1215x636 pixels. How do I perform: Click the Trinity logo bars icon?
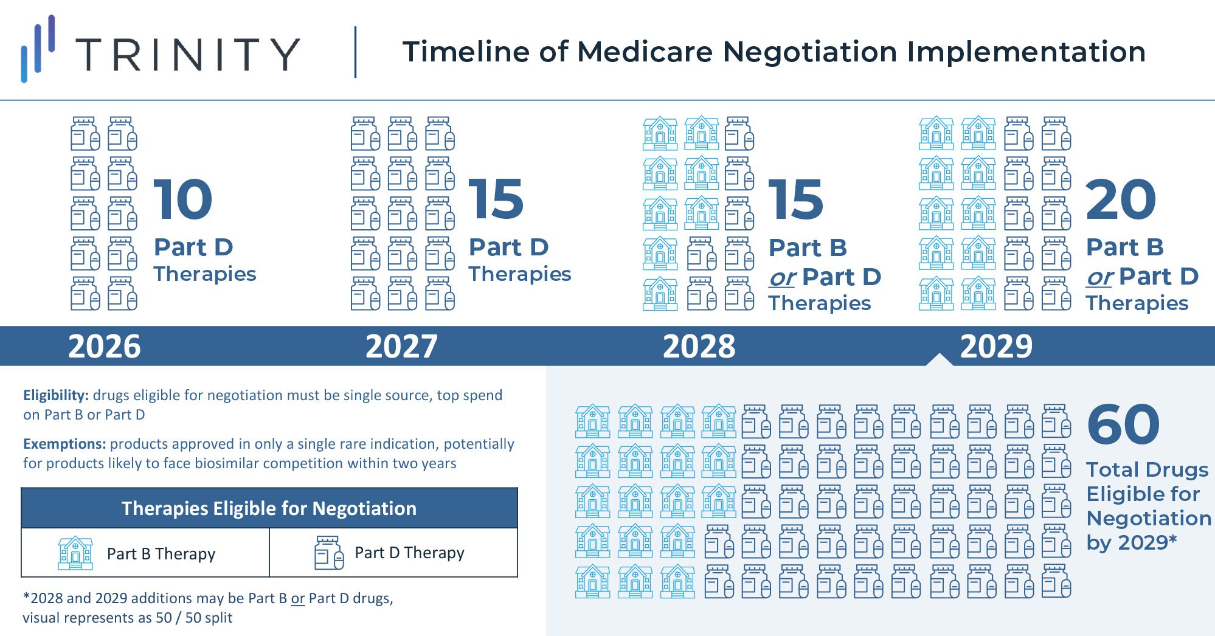(38, 49)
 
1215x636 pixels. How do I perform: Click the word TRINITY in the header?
(187, 54)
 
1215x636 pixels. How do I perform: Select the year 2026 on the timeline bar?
(104, 347)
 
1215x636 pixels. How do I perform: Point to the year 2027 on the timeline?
(401, 347)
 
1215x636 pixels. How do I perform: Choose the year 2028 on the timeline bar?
(699, 347)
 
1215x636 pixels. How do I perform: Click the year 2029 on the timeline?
(996, 347)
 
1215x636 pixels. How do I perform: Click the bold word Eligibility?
(56, 395)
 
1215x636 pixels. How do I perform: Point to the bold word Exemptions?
(64, 444)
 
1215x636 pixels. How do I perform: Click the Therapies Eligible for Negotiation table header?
(269, 508)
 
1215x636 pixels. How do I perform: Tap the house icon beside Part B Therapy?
(75, 553)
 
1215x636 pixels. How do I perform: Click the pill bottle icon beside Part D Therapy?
(329, 553)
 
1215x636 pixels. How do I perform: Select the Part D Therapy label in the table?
(409, 553)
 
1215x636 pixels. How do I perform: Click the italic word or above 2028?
(782, 278)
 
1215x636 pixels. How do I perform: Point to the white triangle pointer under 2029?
(939, 359)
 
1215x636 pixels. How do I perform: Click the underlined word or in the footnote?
(297, 598)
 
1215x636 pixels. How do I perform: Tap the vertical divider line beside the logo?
(355, 52)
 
